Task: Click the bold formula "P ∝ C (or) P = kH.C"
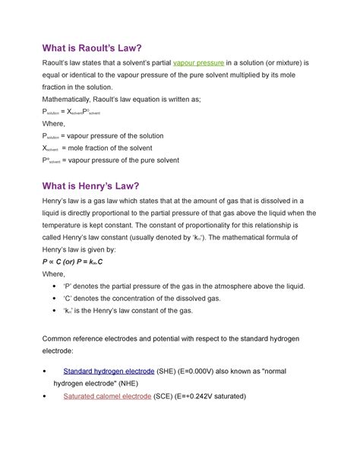click(x=75, y=260)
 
